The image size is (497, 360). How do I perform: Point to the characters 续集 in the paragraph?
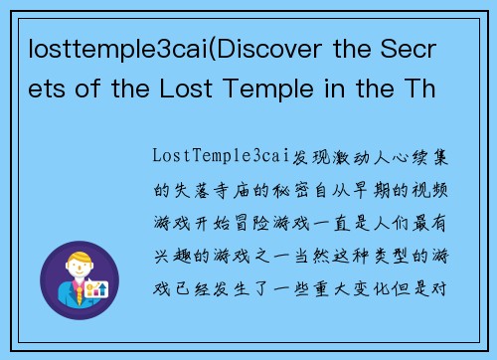coord(459,156)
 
